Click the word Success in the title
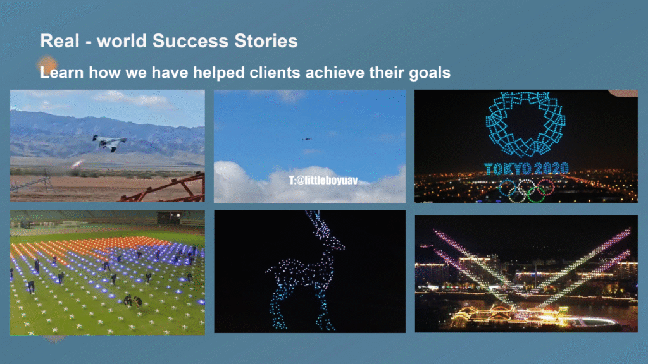[x=190, y=41]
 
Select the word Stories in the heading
[x=266, y=41]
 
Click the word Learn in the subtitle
[x=61, y=72]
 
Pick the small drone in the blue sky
[x=307, y=139]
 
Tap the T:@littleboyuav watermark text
[x=323, y=180]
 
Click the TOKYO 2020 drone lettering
[x=526, y=168]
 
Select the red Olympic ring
[x=545, y=187]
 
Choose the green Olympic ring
[x=536, y=195]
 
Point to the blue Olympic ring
[x=508, y=188]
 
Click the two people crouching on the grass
[x=133, y=301]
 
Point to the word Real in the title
[x=59, y=41]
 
